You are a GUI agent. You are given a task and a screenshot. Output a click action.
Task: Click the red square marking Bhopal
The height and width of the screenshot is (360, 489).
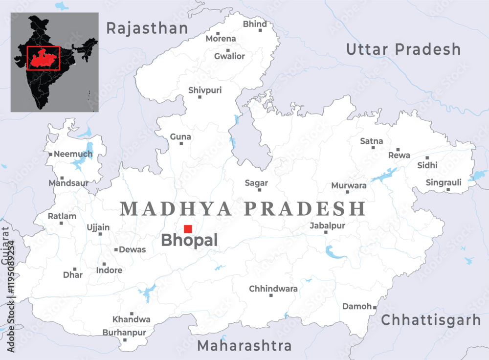(x=188, y=228)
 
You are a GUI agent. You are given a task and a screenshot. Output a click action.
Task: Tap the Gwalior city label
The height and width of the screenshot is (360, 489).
(x=229, y=56)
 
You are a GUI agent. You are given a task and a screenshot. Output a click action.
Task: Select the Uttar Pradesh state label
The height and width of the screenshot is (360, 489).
(x=403, y=49)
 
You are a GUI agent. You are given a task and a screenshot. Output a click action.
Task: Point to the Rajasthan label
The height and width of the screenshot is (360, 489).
(x=147, y=28)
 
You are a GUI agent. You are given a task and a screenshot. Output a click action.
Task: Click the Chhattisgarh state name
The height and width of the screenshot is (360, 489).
(x=431, y=320)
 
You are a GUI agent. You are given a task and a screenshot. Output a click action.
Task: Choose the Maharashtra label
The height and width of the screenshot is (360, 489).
(x=244, y=346)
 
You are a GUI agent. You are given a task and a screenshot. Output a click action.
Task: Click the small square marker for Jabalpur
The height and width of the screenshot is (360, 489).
(x=326, y=232)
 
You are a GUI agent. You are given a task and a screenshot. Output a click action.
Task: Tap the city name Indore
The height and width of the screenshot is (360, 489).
(x=109, y=270)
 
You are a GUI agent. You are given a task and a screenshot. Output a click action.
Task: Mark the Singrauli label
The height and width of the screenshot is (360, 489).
(x=444, y=182)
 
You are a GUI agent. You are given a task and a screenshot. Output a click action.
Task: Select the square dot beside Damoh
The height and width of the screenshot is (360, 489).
(x=375, y=307)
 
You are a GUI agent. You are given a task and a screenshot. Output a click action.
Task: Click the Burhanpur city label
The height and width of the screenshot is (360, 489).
(x=124, y=333)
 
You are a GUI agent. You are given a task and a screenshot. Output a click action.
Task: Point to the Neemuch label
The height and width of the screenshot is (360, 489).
(x=73, y=154)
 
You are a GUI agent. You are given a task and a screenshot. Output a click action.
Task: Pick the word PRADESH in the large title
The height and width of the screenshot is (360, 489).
(x=305, y=209)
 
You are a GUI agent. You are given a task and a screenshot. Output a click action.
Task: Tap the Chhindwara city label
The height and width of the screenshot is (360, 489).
(x=273, y=289)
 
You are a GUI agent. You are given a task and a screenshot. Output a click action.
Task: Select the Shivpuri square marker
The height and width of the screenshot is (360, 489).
(x=200, y=97)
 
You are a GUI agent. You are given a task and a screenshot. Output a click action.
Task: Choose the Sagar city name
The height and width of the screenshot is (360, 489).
(x=256, y=183)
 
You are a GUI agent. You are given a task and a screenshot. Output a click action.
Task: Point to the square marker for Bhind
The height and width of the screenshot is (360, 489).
(x=260, y=30)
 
